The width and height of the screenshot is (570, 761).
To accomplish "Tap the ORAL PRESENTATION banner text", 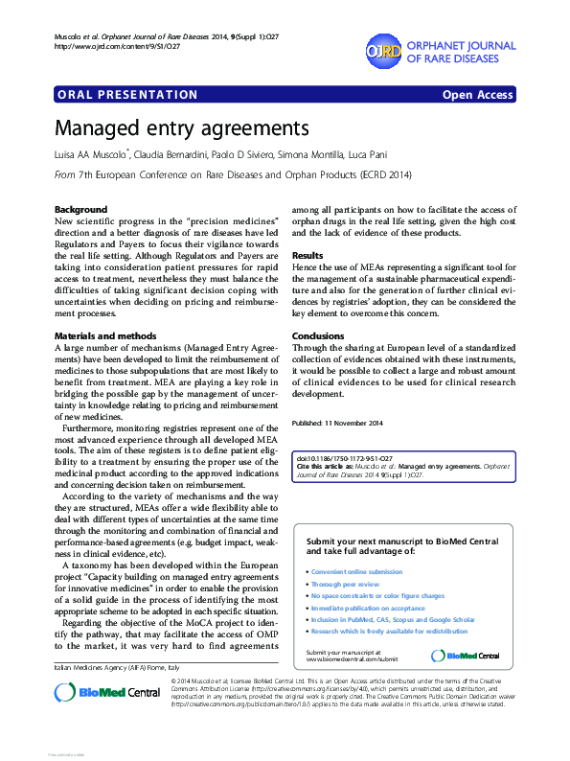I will pos(127,95).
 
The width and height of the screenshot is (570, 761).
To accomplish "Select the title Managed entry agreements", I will pos(181,128).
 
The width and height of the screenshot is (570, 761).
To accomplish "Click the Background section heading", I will pos(80,209).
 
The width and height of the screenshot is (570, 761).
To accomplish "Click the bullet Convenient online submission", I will pos(356,571).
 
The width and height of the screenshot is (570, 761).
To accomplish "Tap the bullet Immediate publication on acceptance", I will pos(368,608).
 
